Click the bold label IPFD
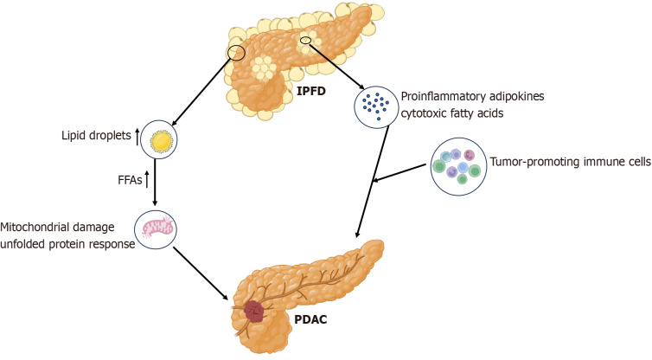pos(311,91)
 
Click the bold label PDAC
pos(310,319)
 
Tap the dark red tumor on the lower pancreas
pos(254,311)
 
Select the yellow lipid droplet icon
pos(159,140)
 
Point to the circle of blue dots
pos(375,107)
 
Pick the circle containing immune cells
pos(457,166)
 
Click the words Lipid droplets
pos(97,135)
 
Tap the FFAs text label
pos(130,180)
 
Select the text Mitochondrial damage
pos(57,228)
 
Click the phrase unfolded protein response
pos(67,244)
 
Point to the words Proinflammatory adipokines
pos(472,96)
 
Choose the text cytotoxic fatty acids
pos(452,112)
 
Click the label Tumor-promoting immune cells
pos(571,162)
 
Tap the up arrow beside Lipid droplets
pos(137,138)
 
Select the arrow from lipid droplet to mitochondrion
pos(155,183)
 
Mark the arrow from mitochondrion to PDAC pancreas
pos(201,273)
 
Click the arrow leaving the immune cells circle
pos(400,173)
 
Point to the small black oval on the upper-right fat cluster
pos(305,40)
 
